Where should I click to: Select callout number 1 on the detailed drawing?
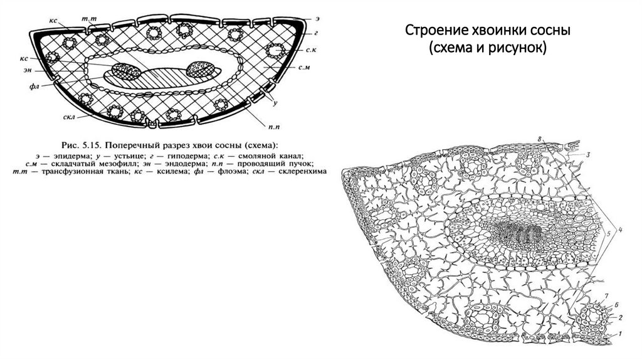[620, 334]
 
